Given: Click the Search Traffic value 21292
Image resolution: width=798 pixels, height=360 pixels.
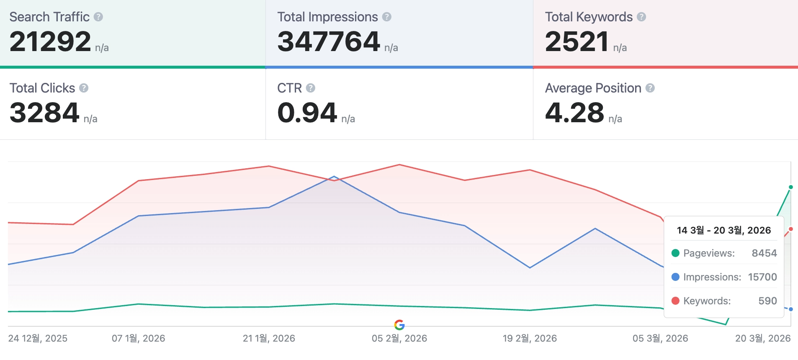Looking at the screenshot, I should click(50, 42).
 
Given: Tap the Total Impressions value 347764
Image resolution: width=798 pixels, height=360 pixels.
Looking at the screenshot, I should click(329, 42).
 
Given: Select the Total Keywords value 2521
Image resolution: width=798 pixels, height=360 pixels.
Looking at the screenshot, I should click(577, 42).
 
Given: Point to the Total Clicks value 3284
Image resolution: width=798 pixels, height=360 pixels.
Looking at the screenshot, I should click(44, 113).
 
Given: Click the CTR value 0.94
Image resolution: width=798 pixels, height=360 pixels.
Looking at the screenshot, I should click(307, 113).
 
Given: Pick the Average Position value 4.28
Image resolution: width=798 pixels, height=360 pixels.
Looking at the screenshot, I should click(574, 113).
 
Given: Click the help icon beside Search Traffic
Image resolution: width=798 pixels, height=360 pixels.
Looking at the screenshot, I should click(98, 17).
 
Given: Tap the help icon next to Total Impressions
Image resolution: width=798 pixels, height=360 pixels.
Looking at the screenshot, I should click(387, 17).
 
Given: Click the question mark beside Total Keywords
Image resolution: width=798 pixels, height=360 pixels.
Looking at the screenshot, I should click(641, 17).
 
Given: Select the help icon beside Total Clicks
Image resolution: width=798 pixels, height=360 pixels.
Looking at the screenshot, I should click(84, 88).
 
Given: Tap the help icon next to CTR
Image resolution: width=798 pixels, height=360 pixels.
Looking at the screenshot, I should click(311, 88).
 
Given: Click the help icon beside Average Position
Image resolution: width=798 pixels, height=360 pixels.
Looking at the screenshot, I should click(650, 88).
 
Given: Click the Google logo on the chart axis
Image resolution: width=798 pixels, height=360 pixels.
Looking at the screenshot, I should click(399, 324).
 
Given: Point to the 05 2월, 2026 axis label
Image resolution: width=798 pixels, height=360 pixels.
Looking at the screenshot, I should click(399, 338).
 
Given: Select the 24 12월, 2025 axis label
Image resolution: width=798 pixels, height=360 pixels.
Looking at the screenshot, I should click(38, 338).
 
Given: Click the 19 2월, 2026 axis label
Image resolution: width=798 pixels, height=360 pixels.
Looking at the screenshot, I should click(530, 338).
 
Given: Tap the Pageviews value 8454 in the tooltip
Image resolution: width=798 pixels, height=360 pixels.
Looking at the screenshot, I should click(764, 253).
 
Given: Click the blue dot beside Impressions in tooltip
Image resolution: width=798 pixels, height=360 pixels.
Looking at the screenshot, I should click(675, 277).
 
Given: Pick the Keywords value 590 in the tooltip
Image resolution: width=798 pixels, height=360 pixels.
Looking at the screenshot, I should click(767, 301).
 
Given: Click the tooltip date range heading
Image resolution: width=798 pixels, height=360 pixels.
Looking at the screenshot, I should click(724, 230).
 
